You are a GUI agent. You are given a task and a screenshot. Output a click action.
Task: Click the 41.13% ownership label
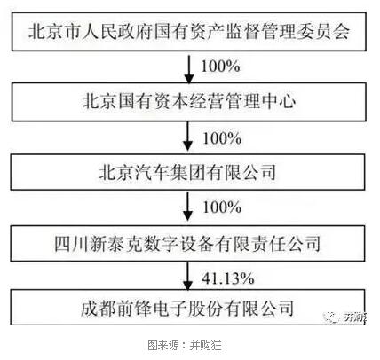coord(228,278)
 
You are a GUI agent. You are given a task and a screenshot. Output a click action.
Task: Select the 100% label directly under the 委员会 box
coord(220,66)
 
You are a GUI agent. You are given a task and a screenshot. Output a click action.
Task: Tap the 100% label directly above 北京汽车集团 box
coord(222,138)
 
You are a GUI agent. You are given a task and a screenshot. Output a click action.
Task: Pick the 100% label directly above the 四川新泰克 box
coord(222,207)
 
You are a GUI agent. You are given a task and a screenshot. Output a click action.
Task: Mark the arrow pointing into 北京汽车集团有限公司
coord(187,137)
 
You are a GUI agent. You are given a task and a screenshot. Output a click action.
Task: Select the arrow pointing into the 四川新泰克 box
coord(187,207)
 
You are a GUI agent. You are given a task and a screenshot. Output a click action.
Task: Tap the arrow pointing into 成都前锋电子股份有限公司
coord(187,276)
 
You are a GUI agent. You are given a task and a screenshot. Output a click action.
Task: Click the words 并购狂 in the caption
coord(205,345)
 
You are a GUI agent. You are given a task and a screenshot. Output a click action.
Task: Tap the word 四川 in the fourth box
coord(72,244)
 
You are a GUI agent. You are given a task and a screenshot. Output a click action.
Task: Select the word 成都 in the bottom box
coord(99,308)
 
